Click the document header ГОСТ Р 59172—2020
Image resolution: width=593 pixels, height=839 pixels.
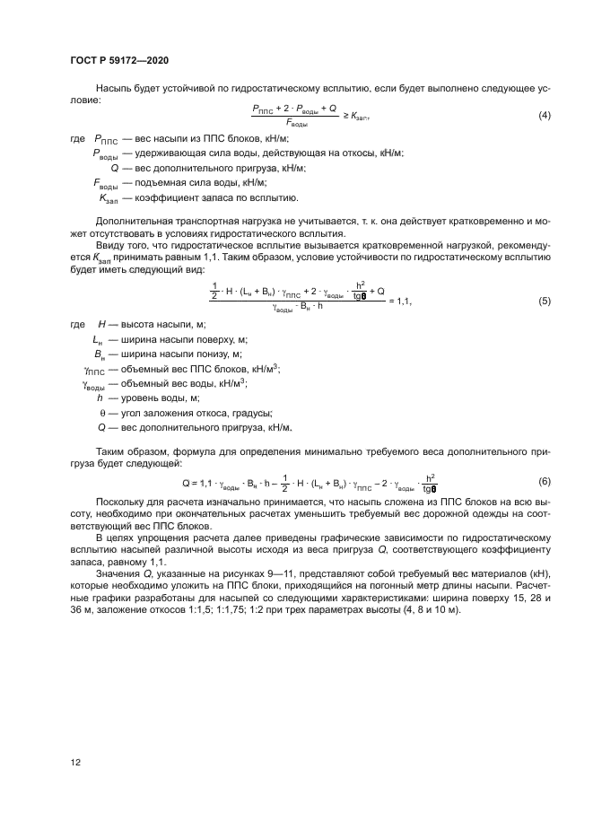coord(119,60)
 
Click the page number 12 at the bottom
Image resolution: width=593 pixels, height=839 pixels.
coord(75,764)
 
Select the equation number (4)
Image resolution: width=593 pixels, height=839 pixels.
coord(544,117)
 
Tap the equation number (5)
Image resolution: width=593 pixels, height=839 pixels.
coord(544,301)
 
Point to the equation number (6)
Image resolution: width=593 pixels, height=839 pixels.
coord(544,481)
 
